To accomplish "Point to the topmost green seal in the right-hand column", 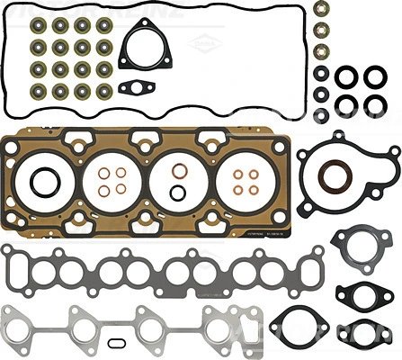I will (322, 10).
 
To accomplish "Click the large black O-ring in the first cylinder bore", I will (41, 184).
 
